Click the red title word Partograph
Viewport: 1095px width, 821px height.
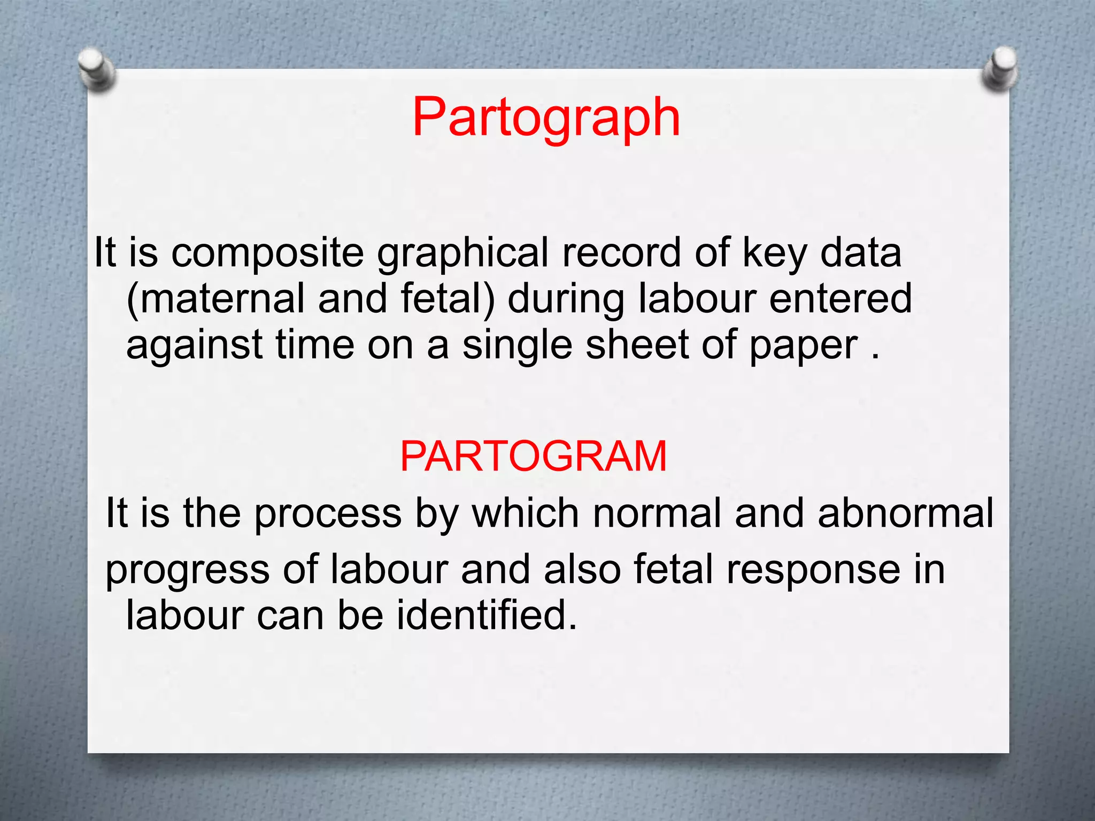546,118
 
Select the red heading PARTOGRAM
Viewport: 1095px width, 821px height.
533,456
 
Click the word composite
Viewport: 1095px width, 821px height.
267,252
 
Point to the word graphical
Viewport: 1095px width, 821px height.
462,253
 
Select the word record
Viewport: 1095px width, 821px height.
621,252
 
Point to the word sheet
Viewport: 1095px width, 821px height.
637,345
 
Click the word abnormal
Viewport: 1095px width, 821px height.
905,513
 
